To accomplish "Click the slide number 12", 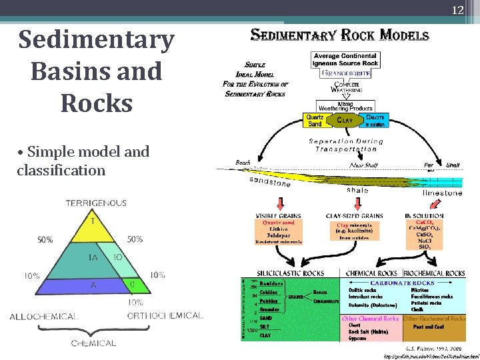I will [x=457, y=9].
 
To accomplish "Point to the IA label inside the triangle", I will [x=95, y=256].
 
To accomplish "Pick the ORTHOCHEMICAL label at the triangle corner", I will [x=165, y=315].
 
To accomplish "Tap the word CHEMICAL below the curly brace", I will [x=93, y=343].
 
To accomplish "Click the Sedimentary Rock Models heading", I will [x=339, y=35].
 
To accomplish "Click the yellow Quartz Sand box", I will [x=315, y=120].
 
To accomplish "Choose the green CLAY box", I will [x=345, y=120].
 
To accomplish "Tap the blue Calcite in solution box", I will [x=376, y=120].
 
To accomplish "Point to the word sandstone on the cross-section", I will [x=270, y=183].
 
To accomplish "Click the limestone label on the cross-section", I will [x=441, y=193].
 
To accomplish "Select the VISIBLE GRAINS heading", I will [x=279, y=215].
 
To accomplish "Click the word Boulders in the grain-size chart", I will [x=271, y=283].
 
